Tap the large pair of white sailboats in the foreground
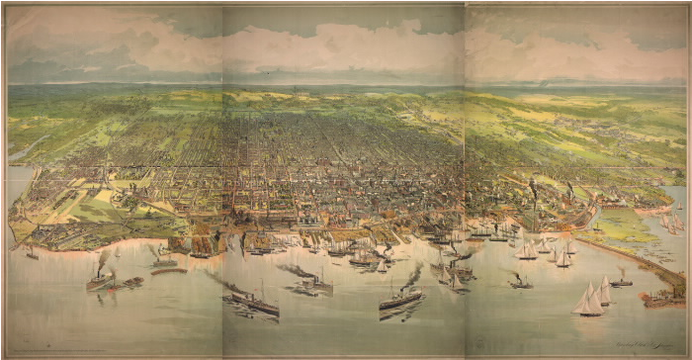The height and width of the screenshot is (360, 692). point(590,300)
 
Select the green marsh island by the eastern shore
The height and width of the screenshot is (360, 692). point(623,227)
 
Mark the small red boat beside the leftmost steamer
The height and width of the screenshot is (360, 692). point(113,287)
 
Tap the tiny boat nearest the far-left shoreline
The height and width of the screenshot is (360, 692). point(32,254)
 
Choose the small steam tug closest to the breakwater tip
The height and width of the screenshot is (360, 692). point(621,282)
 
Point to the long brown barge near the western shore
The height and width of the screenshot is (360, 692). point(168,269)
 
